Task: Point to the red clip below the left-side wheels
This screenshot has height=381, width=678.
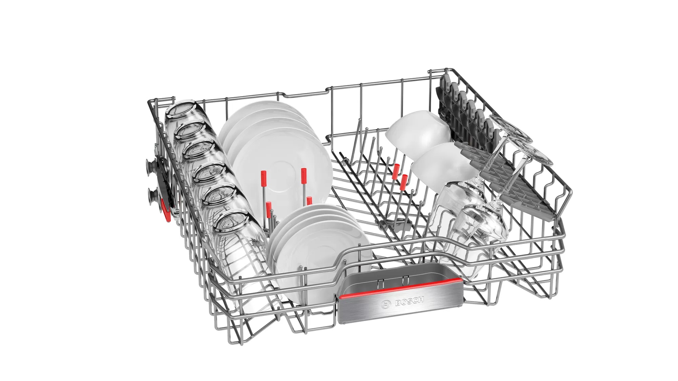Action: pos(166,210)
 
